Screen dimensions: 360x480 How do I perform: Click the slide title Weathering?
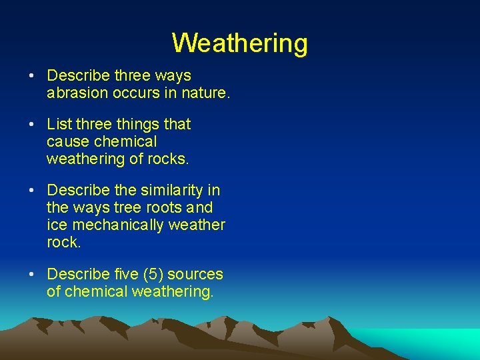[239, 43]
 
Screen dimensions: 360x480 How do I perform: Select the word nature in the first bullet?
[207, 93]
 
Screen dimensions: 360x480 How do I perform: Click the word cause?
[68, 141]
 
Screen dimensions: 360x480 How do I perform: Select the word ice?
[55, 225]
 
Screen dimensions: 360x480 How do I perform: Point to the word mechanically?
[117, 225]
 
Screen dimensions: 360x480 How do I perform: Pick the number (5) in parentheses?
[158, 274]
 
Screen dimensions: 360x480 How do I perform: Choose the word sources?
[199, 274]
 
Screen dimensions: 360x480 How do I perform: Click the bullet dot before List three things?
[33, 125]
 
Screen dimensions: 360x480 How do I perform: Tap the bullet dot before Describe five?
[33, 275]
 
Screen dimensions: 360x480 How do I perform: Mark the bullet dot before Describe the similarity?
[33, 191]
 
